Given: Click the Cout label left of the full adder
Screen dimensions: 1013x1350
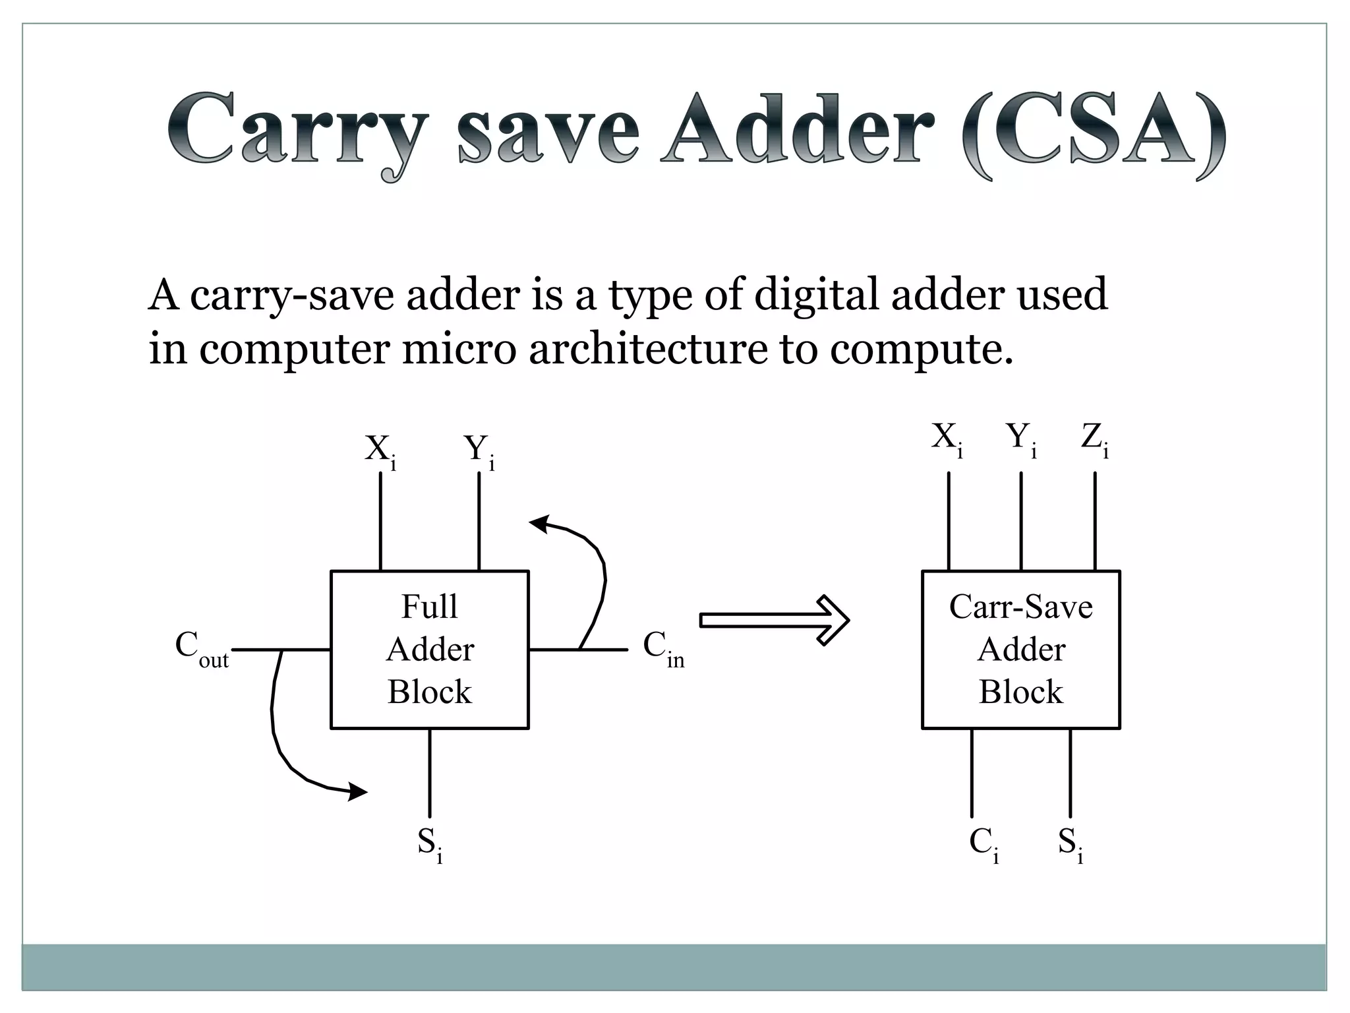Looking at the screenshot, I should click(202, 649).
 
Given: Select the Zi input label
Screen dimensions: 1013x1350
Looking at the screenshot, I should click(1094, 439).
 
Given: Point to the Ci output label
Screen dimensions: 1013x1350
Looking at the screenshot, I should click(983, 844).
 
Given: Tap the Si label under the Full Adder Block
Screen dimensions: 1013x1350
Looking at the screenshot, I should click(429, 844).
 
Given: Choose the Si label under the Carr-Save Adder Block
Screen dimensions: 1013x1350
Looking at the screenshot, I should click(1070, 844).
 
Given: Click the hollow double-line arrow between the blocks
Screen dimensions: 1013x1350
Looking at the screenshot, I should click(775, 620).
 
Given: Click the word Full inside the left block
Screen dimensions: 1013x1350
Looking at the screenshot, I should click(429, 607).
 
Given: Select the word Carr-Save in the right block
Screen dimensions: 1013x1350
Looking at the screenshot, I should click(1020, 607).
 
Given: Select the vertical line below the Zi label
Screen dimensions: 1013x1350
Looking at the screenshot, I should click(1095, 521).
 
